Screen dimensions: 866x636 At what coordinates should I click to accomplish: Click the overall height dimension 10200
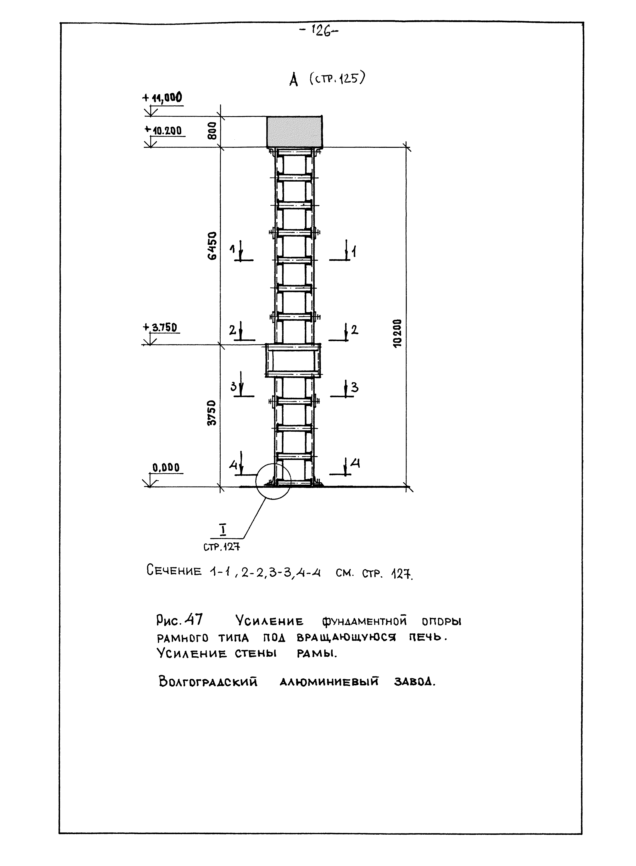pyautogui.click(x=398, y=333)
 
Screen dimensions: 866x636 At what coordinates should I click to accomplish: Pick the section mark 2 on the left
pyautogui.click(x=233, y=330)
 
